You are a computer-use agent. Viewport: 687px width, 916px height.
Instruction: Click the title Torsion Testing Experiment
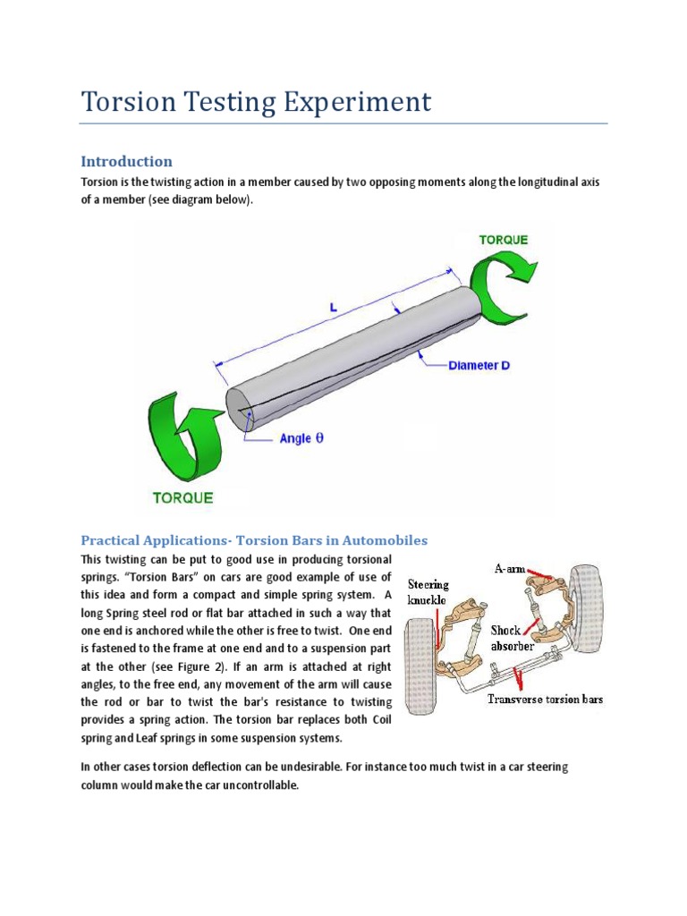point(256,101)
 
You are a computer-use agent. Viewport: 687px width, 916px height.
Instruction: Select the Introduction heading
point(126,162)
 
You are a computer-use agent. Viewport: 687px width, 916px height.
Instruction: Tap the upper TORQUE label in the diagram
point(503,240)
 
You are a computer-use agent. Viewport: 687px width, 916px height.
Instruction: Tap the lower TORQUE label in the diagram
point(182,497)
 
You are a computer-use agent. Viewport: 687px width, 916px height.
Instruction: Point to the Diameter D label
point(479,366)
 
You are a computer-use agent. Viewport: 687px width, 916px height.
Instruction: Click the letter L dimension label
point(333,307)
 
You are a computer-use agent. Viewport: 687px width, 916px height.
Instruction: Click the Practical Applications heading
point(255,540)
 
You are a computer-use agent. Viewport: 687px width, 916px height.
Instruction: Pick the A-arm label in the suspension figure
point(512,569)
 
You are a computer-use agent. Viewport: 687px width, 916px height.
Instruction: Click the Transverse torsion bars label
point(545,699)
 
